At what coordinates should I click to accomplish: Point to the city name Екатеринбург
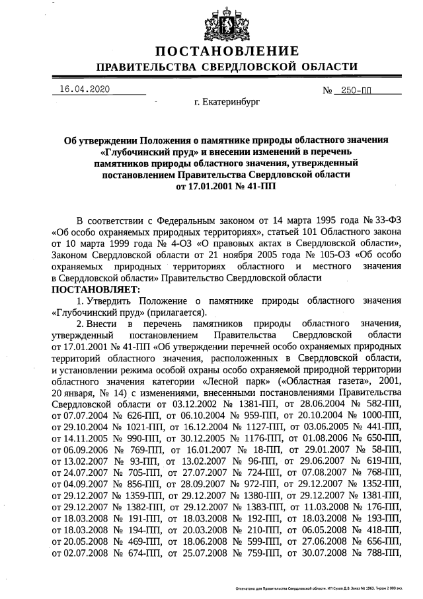227,103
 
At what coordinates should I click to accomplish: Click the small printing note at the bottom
323,588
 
